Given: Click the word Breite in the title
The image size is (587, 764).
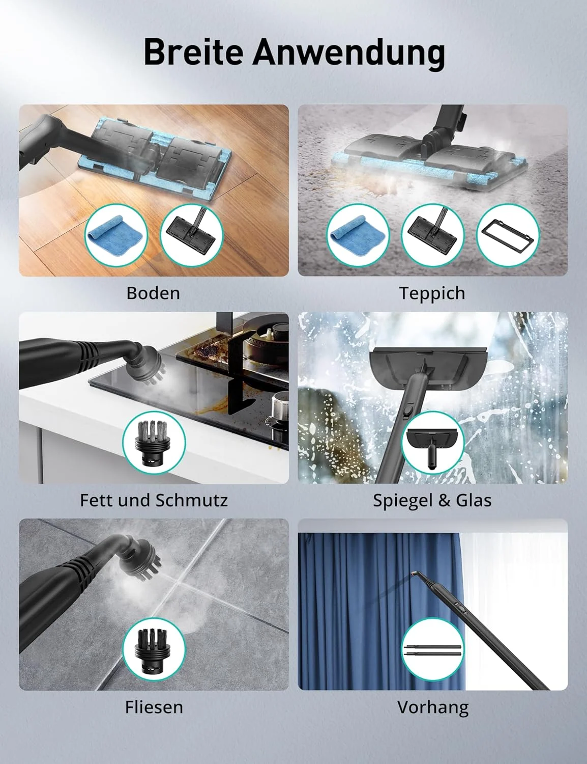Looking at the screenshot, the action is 193,52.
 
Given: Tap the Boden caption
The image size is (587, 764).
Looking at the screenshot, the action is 153,293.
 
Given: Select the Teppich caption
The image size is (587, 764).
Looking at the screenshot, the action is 432,293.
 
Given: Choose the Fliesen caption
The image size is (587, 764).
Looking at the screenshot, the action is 154,707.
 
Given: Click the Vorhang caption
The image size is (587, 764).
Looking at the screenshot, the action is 433,708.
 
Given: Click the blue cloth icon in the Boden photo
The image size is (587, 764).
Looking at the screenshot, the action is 116,235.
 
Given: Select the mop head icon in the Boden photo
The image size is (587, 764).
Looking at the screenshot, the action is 192,235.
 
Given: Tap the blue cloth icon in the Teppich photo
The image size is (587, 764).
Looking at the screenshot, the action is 358,235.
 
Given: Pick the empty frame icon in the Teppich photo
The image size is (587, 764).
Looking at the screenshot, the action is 508,235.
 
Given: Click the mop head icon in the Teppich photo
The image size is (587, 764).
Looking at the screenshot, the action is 433,235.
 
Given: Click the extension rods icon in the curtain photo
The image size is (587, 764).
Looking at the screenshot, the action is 433,650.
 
